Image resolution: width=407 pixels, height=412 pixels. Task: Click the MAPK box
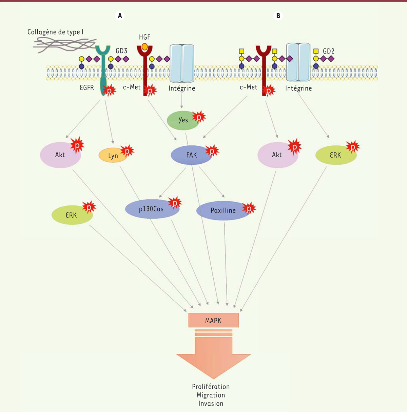coord(213,320)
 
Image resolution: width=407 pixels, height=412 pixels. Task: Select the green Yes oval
coord(183,120)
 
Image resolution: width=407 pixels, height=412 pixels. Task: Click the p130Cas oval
coord(151,209)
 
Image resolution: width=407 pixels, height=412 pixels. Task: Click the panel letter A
coord(120,16)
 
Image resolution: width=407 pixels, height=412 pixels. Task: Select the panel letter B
coord(278,16)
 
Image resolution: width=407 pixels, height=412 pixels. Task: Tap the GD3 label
coord(121,51)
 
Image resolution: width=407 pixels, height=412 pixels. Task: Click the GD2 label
coord(328,51)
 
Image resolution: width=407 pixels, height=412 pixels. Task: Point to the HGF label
coord(144,37)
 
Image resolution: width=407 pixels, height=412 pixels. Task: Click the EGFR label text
coord(87,88)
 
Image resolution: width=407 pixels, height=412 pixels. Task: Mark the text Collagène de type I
coord(55,32)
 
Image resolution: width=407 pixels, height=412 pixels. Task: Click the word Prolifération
coord(211,387)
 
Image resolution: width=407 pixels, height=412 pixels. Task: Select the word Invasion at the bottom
coord(211,404)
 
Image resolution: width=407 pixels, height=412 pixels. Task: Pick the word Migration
coord(211,395)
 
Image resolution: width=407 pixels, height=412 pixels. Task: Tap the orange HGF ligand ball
coord(144,46)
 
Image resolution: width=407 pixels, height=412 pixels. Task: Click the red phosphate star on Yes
coord(199,117)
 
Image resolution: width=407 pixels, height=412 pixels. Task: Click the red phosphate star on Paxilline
coord(249,208)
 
